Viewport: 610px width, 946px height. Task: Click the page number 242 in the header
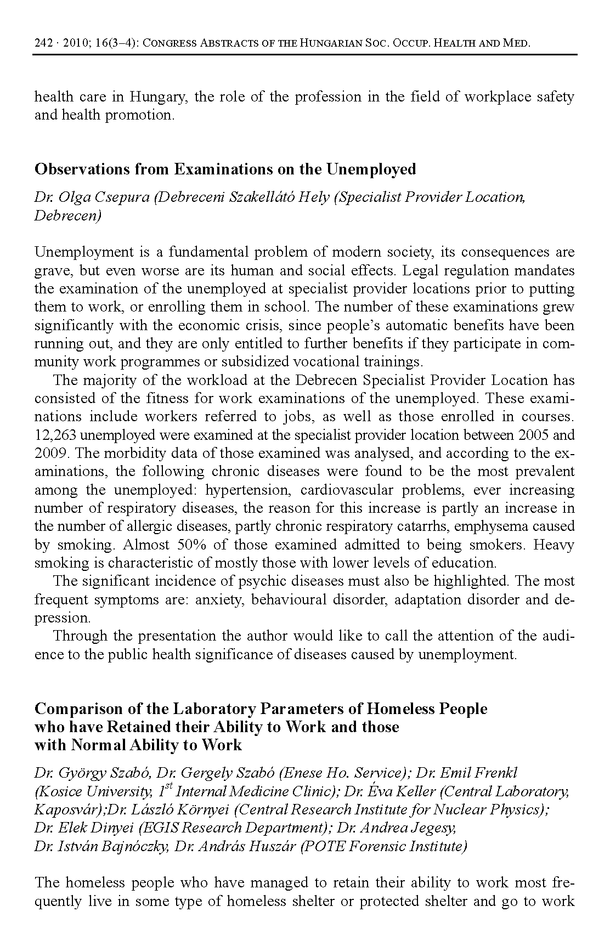click(43, 43)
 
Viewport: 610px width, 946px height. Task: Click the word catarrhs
click(422, 526)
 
